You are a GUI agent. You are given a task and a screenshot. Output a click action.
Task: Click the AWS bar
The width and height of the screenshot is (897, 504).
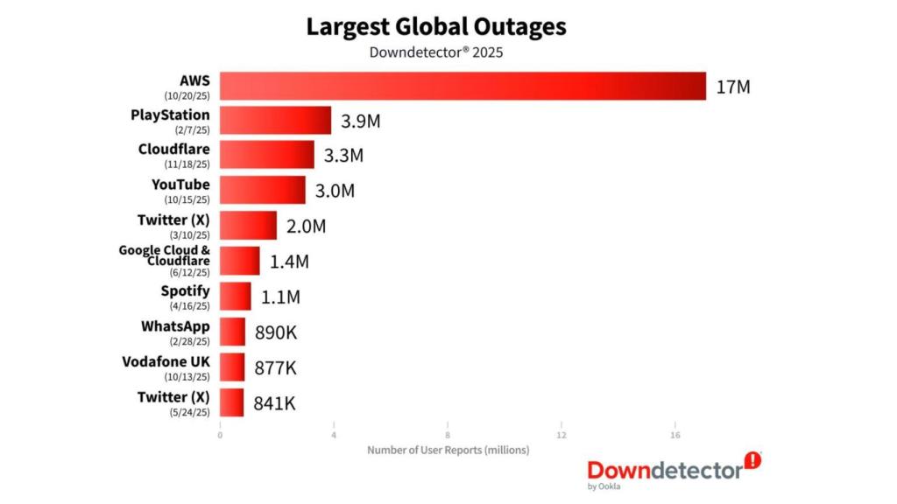(463, 86)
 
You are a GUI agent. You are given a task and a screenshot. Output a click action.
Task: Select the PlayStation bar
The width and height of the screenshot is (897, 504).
(275, 121)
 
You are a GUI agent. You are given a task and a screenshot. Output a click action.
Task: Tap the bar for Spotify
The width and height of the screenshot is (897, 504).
(235, 296)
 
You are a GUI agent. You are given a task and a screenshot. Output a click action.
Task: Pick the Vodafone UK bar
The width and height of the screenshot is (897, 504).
(232, 367)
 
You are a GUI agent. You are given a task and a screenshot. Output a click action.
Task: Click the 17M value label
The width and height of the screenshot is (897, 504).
(733, 87)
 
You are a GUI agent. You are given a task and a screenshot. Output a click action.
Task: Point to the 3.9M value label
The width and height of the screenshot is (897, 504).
(360, 121)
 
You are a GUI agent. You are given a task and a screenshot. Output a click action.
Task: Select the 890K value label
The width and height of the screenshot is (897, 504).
(276, 332)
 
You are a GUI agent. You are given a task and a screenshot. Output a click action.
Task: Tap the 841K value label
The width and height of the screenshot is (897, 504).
(275, 402)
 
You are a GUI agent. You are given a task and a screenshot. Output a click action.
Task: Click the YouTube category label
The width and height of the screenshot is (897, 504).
(181, 184)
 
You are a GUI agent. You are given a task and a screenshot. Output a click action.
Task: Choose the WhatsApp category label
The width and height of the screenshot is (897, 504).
(175, 325)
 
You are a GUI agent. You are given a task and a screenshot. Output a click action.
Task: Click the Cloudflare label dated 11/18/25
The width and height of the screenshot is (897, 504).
(174, 149)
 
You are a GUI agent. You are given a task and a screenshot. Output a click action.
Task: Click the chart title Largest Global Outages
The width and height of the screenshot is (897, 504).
(436, 26)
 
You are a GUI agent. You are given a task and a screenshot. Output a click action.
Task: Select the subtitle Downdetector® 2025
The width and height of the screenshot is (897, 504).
(436, 52)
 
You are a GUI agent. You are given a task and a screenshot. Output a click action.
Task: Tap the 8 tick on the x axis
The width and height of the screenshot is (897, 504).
(448, 435)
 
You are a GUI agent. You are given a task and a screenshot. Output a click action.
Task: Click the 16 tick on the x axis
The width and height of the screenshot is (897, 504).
(675, 435)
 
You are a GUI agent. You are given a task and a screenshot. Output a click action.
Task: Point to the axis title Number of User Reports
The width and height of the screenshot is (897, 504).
(448, 450)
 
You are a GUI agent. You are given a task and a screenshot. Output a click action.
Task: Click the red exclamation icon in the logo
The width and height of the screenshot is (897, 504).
(752, 460)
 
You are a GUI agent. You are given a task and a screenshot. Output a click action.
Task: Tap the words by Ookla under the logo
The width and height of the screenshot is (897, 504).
(604, 486)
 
